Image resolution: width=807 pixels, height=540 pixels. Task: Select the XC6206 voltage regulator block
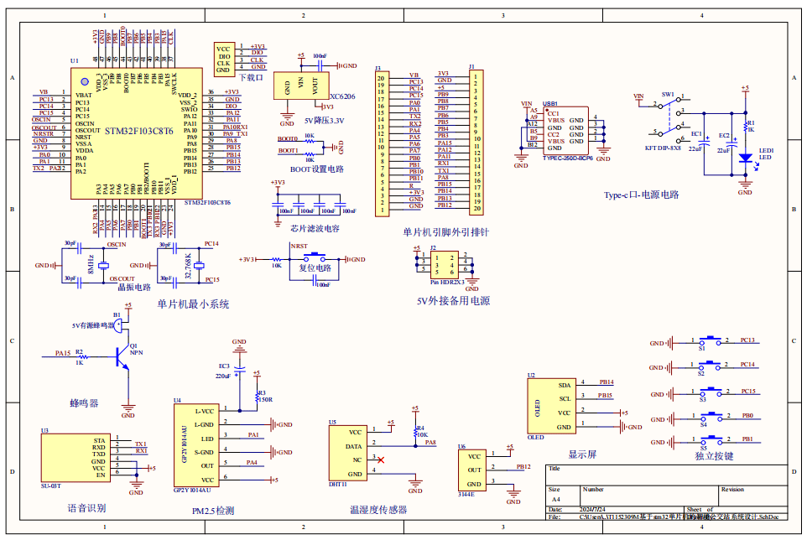[301, 86]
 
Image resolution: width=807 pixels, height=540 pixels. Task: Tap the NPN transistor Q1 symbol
[125, 353]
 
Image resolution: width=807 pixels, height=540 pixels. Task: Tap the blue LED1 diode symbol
[744, 157]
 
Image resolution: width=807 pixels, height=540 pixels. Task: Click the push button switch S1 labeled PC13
[713, 341]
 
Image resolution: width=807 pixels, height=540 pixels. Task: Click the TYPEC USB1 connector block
[565, 130]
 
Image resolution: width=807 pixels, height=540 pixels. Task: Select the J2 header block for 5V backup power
[440, 264]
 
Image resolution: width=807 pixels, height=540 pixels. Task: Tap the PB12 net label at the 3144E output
[523, 466]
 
